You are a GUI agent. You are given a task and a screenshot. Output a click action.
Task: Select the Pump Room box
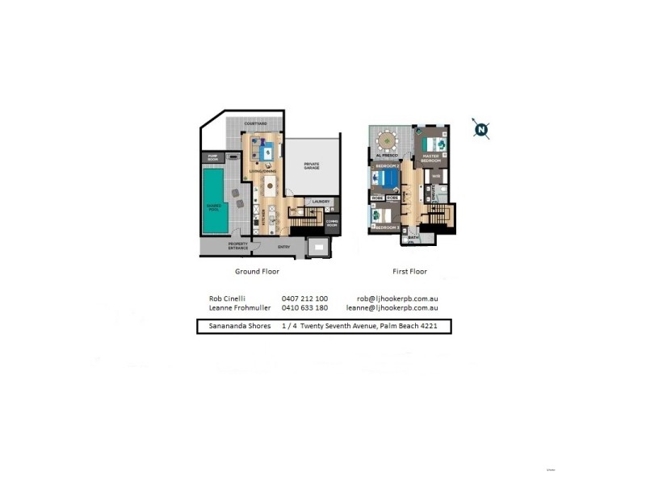point(214,158)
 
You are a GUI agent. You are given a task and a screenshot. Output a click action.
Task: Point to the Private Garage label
point(312,165)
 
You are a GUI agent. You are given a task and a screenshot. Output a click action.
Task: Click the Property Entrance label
point(238,246)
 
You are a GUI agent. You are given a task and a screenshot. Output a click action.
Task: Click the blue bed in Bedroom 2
point(386,178)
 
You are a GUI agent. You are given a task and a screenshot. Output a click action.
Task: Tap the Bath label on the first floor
point(413,238)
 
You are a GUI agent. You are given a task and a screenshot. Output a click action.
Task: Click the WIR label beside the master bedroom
point(435,175)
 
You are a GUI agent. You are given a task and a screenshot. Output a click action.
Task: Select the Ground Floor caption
point(257,272)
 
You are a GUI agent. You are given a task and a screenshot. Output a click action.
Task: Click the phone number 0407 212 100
point(304,298)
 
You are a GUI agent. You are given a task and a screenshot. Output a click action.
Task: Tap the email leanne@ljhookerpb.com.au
point(392,307)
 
